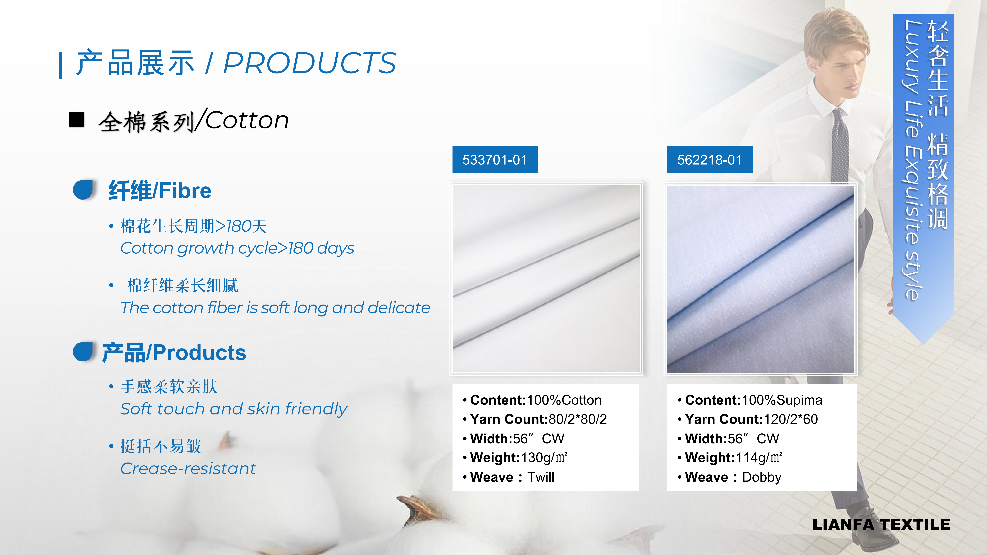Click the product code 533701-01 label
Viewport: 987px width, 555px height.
[x=495, y=160]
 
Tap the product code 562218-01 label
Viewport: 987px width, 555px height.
[x=710, y=160]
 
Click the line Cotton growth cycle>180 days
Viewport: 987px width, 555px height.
[x=237, y=248]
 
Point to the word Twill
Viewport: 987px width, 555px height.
[x=541, y=477]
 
